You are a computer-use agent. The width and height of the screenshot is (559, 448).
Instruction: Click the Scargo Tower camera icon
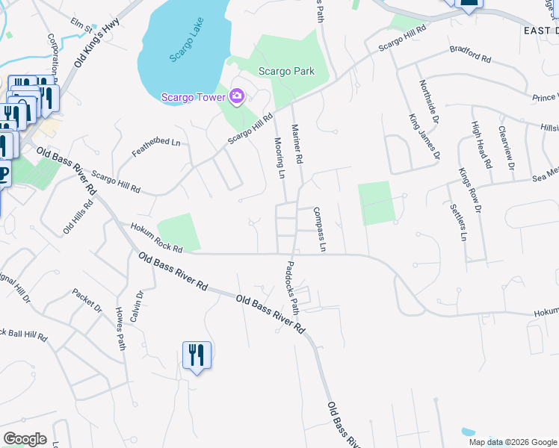click(237, 96)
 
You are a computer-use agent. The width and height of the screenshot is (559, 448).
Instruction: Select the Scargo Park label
click(286, 72)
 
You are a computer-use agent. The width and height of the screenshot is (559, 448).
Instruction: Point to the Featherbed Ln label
click(155, 142)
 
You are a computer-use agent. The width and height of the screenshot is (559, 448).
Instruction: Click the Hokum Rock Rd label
click(157, 237)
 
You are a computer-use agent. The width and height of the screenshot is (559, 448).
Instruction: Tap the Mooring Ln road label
click(279, 158)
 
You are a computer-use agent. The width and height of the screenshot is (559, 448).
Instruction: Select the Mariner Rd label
click(297, 144)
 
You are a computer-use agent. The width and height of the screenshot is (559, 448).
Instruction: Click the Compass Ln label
click(321, 229)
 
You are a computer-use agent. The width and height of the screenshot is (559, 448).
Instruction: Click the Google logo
click(25, 438)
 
